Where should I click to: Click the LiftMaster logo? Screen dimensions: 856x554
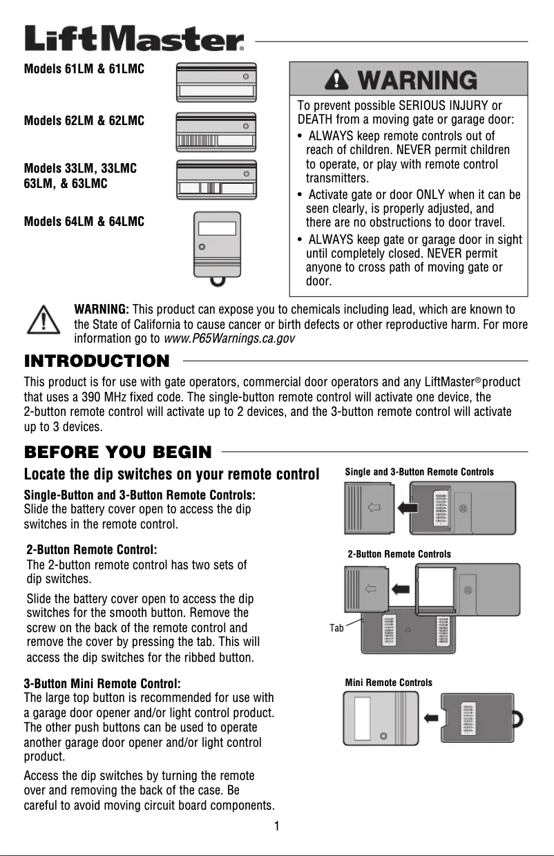click(x=135, y=39)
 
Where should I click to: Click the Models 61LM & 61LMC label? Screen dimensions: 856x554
click(x=84, y=70)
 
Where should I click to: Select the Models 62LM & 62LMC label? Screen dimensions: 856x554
click(x=84, y=121)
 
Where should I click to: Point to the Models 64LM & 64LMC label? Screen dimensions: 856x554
click(x=84, y=222)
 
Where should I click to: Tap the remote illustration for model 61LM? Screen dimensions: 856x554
click(x=216, y=82)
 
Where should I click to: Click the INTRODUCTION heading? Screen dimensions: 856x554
click(x=97, y=361)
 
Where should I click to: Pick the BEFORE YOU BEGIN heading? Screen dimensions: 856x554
click(x=118, y=453)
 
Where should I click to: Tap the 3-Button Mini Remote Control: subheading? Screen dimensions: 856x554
click(x=102, y=684)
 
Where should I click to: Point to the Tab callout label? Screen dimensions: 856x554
click(x=336, y=627)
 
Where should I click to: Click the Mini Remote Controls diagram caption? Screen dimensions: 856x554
click(x=388, y=683)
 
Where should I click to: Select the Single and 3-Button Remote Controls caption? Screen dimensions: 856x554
click(x=419, y=472)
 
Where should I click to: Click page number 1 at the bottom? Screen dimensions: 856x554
click(x=276, y=826)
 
